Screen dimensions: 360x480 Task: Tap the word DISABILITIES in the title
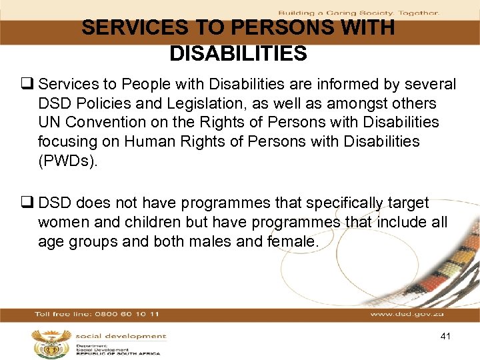[x=238, y=53]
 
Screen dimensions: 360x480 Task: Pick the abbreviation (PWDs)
[x=67, y=161]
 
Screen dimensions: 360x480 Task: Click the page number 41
[x=445, y=336]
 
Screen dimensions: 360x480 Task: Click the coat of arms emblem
[x=50, y=343]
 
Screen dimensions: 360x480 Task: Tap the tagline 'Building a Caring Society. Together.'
[x=358, y=13]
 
